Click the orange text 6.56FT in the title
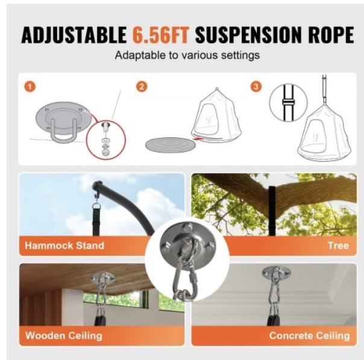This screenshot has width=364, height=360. pos(161,35)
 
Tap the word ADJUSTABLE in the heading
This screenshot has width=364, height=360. pos(74,35)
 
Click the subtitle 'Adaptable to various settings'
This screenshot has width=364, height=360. pos(187,55)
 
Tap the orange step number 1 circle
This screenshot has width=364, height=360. pos(30,87)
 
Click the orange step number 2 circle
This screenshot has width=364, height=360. pos(142,87)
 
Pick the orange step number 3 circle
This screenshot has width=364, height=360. pos(256,87)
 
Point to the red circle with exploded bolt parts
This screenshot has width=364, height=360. pos(106,140)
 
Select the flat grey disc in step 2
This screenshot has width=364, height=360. pos(171,144)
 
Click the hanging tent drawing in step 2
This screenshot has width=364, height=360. pos(216,114)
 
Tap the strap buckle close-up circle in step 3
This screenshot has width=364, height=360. pos(288,102)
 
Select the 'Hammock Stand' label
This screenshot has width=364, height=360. pos(64,246)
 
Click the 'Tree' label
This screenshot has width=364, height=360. pos(338,246)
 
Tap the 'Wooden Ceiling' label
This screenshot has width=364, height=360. pos(64,336)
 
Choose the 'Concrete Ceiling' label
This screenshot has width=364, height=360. pos(309,335)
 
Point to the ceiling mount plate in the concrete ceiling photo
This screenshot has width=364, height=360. pos(276,272)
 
